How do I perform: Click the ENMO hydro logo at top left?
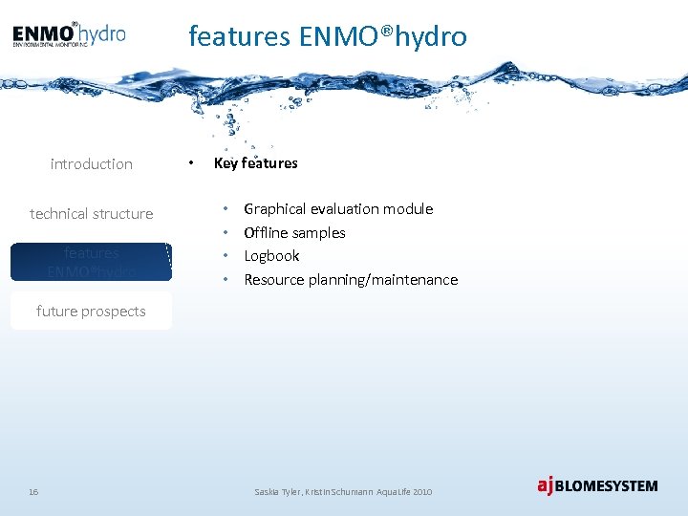click(x=69, y=35)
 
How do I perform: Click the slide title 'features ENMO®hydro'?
click(x=328, y=36)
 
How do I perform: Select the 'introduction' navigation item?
click(x=92, y=164)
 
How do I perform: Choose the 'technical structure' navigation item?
click(x=92, y=214)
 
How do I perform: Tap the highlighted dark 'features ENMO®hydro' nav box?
click(x=92, y=262)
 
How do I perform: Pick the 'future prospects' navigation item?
click(x=92, y=312)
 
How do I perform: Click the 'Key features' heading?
click(x=256, y=163)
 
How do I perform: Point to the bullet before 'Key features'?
click(x=192, y=163)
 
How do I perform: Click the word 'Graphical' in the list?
click(x=274, y=209)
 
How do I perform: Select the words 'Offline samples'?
click(x=294, y=233)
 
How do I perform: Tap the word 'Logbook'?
click(x=271, y=256)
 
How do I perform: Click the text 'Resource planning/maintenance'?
click(x=351, y=280)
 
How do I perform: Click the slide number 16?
click(x=33, y=491)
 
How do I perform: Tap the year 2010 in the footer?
click(x=422, y=491)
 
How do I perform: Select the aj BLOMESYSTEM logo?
click(x=597, y=485)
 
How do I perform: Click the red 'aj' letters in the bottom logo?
click(x=545, y=485)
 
